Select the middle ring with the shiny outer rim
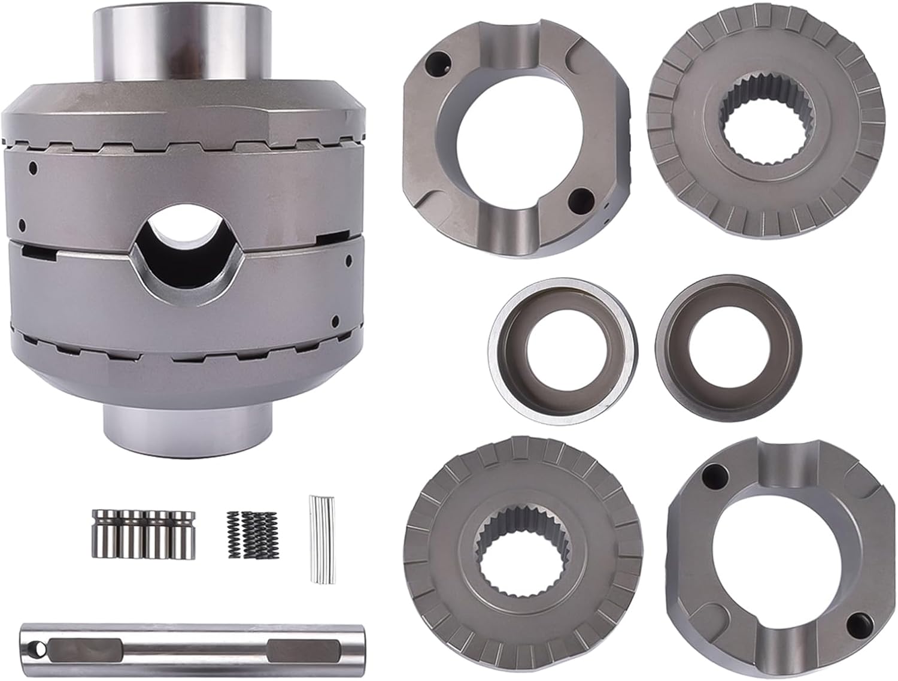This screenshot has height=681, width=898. tap(563, 347)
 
